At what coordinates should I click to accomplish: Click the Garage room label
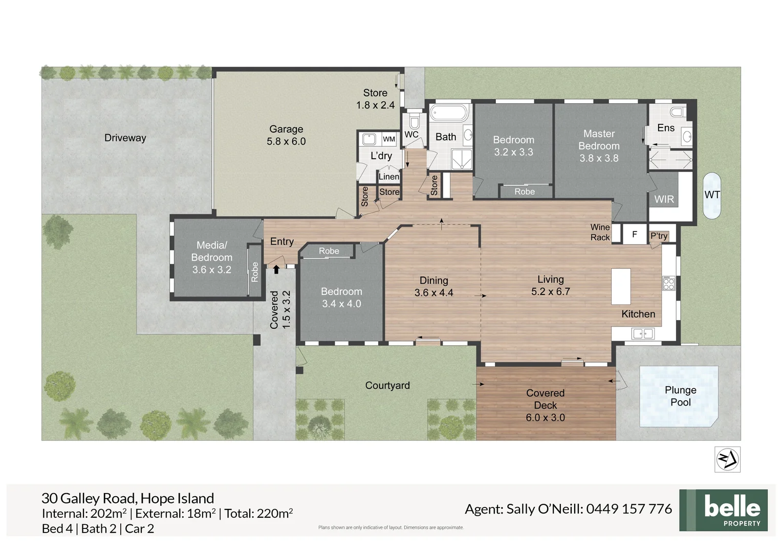tap(286, 129)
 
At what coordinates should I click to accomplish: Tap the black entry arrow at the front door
tap(276, 269)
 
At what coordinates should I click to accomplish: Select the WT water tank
tap(712, 196)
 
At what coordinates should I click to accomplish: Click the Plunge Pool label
tap(680, 396)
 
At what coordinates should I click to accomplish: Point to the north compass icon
tap(728, 459)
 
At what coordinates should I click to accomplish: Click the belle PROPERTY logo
tap(723, 510)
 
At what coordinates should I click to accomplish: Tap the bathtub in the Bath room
tap(448, 113)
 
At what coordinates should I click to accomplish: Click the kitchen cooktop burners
tap(669, 283)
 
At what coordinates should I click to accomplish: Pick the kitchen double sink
tap(643, 334)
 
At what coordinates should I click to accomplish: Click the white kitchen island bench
tap(621, 286)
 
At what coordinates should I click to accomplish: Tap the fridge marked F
tap(634, 233)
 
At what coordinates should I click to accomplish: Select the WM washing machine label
tap(388, 139)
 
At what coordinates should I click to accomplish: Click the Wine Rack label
tap(600, 232)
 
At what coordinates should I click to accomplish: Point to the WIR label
tap(664, 199)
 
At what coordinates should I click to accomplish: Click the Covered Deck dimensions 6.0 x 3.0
tap(546, 417)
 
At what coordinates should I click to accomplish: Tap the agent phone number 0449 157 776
tap(629, 509)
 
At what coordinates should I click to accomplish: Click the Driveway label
tap(125, 138)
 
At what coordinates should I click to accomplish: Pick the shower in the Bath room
tap(462, 159)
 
